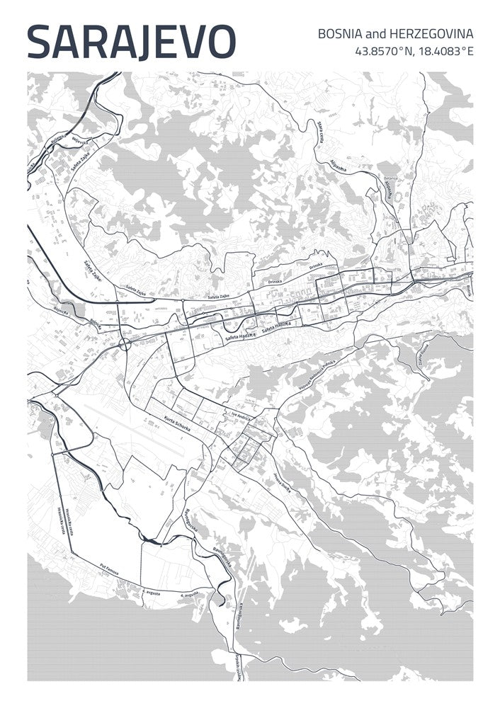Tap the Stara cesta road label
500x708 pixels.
(x=323, y=131)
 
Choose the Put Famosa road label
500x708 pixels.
(x=109, y=568)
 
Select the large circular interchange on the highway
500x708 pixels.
(x=125, y=344)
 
